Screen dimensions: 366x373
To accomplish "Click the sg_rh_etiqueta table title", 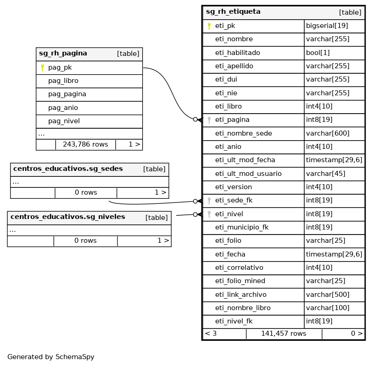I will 233,12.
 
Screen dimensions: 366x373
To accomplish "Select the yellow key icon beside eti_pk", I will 209,26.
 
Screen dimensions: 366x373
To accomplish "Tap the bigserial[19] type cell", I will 327,26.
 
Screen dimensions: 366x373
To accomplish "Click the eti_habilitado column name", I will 237,53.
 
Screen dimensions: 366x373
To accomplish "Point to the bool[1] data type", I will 317,53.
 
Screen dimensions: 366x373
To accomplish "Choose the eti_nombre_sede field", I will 243,133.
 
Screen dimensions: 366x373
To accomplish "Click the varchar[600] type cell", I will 328,133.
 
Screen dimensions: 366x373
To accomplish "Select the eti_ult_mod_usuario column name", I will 248,174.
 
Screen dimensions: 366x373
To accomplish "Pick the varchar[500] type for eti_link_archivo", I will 328,295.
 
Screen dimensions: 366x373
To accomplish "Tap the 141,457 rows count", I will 284,333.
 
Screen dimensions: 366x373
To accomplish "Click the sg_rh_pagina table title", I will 63,54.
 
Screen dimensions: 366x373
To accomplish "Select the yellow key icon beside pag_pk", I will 42,68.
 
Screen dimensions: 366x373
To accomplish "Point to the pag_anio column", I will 63,108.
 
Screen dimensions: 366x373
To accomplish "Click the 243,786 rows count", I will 85,144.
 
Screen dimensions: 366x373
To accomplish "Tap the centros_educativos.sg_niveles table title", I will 67,217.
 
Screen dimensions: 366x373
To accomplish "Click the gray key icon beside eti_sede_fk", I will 209,201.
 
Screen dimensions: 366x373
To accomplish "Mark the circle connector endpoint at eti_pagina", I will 195,120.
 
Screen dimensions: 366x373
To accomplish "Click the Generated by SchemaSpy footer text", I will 50,357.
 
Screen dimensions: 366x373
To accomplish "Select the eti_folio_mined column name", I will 240,281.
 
